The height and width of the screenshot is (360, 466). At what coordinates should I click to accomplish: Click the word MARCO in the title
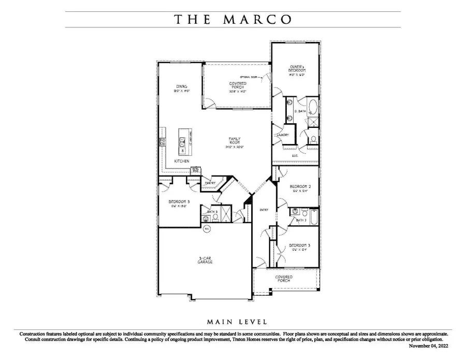tap(257, 20)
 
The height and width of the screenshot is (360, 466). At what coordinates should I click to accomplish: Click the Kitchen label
tap(181, 161)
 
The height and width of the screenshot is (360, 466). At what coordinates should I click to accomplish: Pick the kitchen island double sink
tap(182, 141)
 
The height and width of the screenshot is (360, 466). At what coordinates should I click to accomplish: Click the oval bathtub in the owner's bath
tap(313, 106)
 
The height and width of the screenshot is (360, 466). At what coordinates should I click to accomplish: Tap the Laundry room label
tap(283, 135)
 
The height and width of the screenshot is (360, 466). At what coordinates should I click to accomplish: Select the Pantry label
tap(210, 183)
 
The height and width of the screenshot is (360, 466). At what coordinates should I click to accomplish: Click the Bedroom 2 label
tap(300, 188)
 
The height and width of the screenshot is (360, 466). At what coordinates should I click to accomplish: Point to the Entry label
tap(263, 209)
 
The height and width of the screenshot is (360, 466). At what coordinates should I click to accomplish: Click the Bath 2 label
tap(302, 220)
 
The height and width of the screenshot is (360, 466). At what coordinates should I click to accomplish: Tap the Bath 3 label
tap(212, 212)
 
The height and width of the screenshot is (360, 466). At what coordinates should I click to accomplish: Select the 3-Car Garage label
tap(205, 260)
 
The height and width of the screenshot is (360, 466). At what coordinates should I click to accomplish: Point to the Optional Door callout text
tap(247, 76)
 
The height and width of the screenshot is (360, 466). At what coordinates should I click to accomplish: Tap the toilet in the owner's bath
tap(313, 139)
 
